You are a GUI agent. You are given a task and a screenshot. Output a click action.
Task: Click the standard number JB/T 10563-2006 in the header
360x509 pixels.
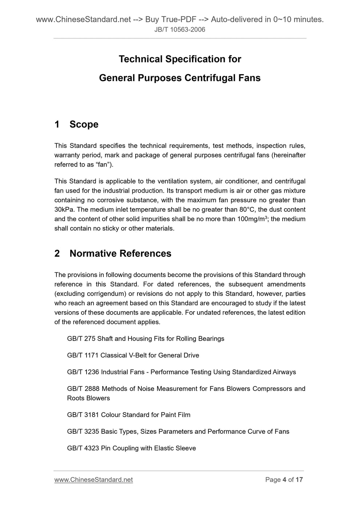(180, 29)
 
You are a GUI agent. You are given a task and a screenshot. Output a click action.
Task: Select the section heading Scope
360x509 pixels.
(84, 124)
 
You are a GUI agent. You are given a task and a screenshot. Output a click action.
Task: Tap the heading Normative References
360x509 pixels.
(120, 253)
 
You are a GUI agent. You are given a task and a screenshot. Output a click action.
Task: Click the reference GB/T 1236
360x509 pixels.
(83, 372)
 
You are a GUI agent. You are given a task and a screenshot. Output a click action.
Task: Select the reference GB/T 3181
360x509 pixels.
(83, 415)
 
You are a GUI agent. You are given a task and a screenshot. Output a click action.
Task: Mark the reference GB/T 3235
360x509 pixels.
(83, 432)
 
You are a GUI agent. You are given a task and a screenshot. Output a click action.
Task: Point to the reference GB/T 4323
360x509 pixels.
(83, 449)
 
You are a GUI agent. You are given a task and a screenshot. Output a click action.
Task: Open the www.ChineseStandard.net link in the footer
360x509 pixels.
(93, 480)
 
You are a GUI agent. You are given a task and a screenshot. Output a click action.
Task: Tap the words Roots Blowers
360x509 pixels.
(88, 398)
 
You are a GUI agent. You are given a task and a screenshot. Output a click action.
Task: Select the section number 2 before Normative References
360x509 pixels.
(57, 253)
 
